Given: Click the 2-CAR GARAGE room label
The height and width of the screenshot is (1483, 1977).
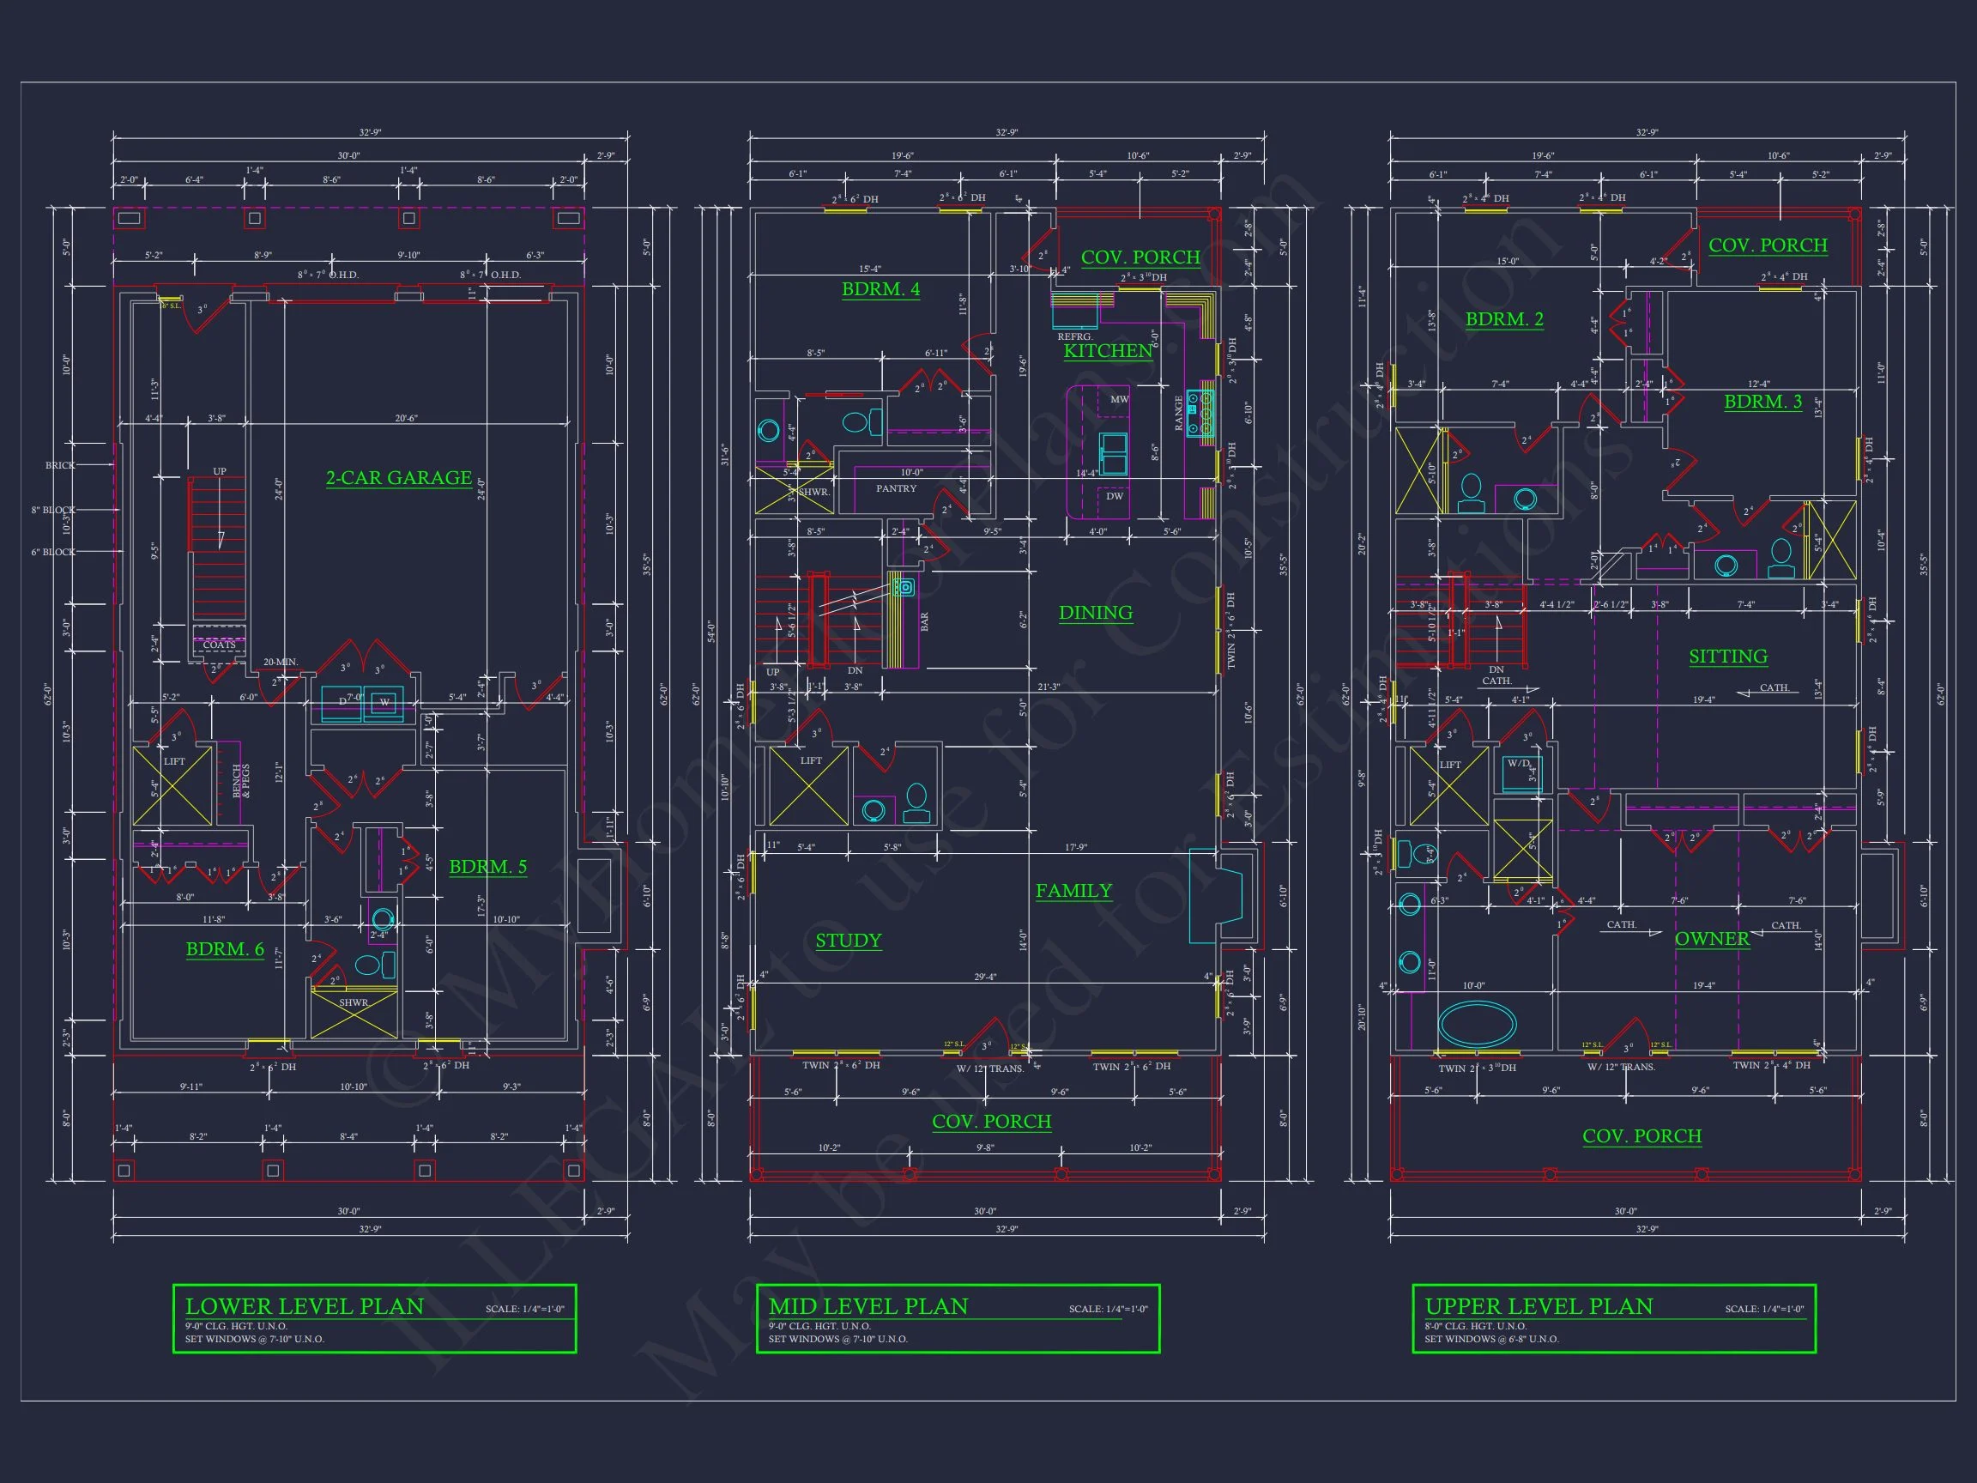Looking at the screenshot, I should click(399, 478).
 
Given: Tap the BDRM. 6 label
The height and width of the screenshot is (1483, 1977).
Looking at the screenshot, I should click(224, 949).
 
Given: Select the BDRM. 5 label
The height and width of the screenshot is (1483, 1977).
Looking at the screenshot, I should click(487, 866).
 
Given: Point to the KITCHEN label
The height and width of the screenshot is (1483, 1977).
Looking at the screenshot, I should click(1108, 351).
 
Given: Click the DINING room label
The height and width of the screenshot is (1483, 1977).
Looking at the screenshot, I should click(1095, 612).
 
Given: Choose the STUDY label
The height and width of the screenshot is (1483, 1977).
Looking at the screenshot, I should click(848, 941).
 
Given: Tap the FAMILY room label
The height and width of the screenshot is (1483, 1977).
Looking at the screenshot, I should click(1073, 890).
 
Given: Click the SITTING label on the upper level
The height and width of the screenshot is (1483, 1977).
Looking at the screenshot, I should click(1727, 657).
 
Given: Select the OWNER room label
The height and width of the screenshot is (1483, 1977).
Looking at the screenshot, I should click(1712, 939).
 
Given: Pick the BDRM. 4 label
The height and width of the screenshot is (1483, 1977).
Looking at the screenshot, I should click(880, 288).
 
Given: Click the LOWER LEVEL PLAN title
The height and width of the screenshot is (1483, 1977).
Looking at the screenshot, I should click(304, 1306).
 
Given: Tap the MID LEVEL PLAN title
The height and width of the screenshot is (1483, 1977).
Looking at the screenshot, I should click(868, 1306).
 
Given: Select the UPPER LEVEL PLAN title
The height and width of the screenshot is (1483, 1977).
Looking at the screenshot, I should click(1539, 1306).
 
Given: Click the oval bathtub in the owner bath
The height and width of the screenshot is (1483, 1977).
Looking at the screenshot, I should click(1477, 1024).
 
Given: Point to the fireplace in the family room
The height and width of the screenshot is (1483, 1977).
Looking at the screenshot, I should click(1216, 896).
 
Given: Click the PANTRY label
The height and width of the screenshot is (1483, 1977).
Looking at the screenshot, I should click(896, 489).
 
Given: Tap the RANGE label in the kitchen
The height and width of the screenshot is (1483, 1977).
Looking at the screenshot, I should click(1179, 413).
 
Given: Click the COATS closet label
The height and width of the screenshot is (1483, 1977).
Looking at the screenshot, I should click(219, 645).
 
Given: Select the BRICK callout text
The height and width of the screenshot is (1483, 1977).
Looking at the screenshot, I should click(61, 466).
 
